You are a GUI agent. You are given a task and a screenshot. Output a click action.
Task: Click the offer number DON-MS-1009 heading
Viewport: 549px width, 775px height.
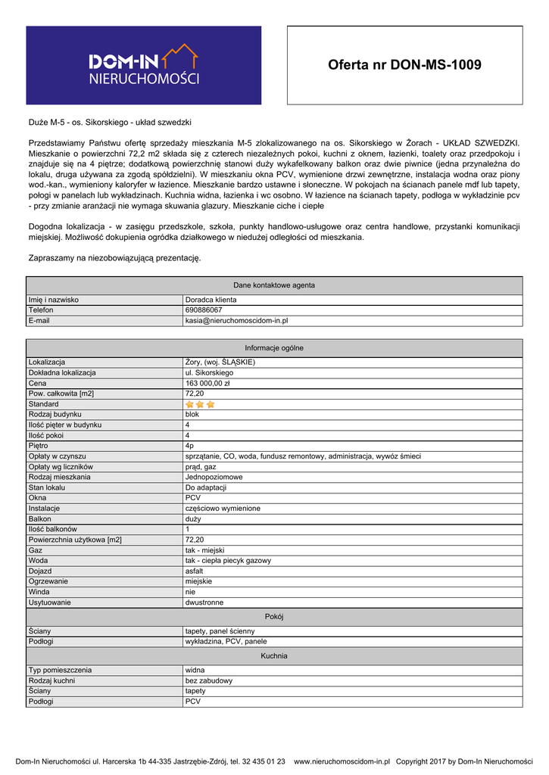point(404,65)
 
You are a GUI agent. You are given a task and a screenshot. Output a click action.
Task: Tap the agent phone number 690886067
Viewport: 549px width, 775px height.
point(204,310)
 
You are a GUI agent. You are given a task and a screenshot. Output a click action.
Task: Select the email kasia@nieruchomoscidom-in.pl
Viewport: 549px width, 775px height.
point(236,321)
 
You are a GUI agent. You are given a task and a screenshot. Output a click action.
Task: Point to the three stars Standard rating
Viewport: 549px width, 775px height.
point(200,404)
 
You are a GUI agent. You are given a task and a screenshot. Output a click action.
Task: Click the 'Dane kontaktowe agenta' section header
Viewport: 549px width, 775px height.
point(274,285)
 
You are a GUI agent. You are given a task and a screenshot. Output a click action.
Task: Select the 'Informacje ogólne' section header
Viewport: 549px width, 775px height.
point(274,348)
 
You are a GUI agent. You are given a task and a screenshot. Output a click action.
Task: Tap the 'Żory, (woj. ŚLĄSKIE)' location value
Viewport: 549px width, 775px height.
point(220,363)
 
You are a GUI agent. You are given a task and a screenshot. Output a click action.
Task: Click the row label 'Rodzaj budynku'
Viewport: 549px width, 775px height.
point(55,415)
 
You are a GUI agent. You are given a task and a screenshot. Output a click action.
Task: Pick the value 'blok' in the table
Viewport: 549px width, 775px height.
point(192,415)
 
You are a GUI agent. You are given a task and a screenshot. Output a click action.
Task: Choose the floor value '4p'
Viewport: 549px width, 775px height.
point(189,446)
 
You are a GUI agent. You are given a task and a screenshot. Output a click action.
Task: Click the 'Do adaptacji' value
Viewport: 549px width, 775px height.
point(206,487)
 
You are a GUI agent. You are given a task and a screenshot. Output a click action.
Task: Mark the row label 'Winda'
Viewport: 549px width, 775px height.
point(39,592)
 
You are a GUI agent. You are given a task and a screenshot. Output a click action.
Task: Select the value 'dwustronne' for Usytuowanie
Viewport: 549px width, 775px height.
point(204,602)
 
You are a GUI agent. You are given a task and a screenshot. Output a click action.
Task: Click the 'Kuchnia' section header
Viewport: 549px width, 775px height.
point(274,655)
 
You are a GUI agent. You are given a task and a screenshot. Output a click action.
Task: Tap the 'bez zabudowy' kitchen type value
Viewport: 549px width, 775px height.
point(209,680)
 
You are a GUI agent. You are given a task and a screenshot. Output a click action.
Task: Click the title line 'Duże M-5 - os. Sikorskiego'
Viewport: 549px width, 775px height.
point(109,122)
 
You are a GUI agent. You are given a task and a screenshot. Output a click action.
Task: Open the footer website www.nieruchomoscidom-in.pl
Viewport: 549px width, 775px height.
point(342,761)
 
